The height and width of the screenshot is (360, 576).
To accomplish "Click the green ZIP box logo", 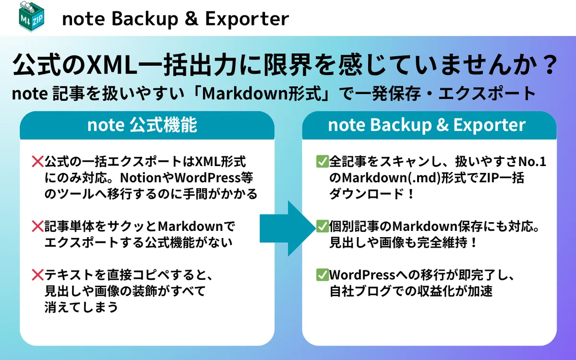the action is (x=31, y=16).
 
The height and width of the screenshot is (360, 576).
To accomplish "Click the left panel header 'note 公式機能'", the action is (x=142, y=125).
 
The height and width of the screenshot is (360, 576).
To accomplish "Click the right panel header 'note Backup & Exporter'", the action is (x=427, y=125).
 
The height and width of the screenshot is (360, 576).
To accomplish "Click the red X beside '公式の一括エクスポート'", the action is (x=37, y=162).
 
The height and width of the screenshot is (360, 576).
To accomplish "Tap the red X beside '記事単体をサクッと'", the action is (x=37, y=226).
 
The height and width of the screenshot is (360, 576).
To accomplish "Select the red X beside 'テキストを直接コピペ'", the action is (x=37, y=275).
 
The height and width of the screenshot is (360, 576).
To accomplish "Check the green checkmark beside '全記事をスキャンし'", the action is (x=322, y=161).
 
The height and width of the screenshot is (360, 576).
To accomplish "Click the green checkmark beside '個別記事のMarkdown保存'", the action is (x=322, y=226).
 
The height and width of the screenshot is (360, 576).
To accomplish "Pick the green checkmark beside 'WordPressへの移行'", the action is (x=322, y=275).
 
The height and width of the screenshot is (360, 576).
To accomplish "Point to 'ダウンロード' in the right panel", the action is (x=366, y=194).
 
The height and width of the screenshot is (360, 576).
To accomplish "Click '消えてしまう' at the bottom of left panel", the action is (x=82, y=307).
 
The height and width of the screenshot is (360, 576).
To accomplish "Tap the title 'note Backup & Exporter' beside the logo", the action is (x=176, y=19).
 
